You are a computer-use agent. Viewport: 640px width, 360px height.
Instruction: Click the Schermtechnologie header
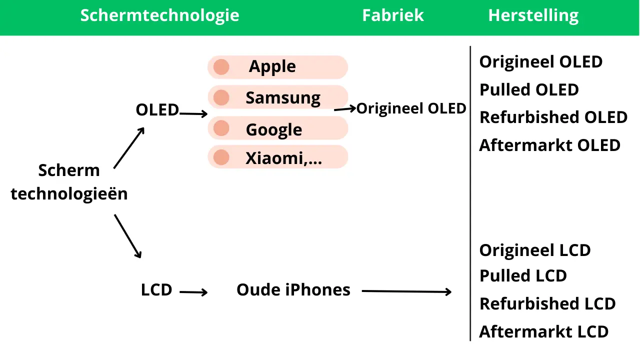(x=159, y=15)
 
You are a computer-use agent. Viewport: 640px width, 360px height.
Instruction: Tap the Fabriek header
(x=393, y=15)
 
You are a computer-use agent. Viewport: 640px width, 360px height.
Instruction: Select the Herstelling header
(x=533, y=15)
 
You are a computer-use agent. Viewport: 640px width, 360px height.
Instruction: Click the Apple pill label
(x=272, y=67)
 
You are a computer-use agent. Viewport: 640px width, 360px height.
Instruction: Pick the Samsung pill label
(x=283, y=98)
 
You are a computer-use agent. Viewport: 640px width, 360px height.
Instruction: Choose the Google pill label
(x=273, y=130)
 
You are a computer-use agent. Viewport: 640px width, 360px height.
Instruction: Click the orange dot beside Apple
(x=221, y=67)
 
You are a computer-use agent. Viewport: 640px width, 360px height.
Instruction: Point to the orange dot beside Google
(x=221, y=128)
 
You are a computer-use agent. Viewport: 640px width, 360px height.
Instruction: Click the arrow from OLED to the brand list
(x=193, y=113)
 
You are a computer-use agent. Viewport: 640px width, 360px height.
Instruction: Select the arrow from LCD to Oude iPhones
(x=193, y=292)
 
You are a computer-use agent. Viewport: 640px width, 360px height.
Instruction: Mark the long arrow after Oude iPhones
(x=406, y=291)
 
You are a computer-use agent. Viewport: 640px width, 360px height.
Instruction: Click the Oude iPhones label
(x=293, y=289)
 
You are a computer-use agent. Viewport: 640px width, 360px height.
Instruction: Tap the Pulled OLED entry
(x=529, y=89)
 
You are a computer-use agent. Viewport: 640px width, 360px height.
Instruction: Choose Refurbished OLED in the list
(x=553, y=117)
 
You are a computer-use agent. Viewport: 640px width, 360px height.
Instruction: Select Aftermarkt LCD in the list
(x=543, y=331)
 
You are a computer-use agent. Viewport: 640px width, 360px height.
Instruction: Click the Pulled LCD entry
(x=523, y=275)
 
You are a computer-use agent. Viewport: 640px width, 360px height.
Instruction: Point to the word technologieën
(x=69, y=194)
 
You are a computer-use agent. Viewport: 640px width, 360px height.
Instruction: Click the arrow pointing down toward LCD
(x=127, y=236)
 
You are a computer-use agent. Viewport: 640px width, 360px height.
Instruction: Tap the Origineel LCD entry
(x=535, y=250)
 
